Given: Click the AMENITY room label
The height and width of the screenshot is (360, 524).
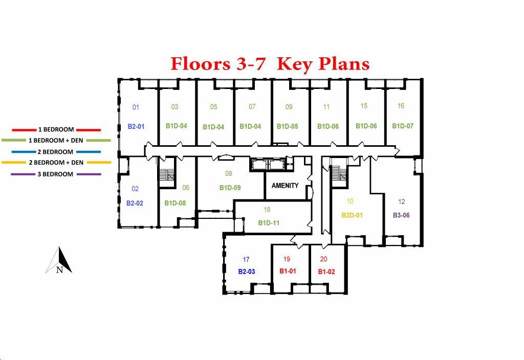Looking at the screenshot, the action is tap(285, 186).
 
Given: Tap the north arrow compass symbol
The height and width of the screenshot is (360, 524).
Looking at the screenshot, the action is tap(59, 260).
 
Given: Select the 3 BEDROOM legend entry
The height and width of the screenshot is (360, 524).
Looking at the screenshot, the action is tap(55, 174).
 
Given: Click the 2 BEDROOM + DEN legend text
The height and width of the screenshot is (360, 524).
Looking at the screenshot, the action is tap(56, 163).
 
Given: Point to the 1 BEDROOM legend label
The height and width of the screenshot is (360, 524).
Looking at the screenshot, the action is tap(56, 129).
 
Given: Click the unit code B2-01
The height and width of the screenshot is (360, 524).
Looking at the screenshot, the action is tap(136, 127).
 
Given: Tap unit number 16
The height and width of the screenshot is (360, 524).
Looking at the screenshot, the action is tap(401, 106).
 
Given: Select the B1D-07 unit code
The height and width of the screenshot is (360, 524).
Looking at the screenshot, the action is tap(403, 126).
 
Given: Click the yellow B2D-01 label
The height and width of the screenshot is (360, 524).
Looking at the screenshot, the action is tap(352, 215).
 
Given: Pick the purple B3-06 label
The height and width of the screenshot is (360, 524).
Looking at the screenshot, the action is tap(401, 215).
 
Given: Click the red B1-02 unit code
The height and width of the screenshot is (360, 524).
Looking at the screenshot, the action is tap(326, 272).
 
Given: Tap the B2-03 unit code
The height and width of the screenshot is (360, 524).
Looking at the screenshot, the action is tap(246, 272).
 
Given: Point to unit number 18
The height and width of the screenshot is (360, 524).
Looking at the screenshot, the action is tap(267, 210).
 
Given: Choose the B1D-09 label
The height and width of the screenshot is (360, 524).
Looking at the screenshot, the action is tap(230, 188).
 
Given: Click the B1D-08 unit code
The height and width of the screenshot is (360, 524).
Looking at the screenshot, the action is tap(175, 203).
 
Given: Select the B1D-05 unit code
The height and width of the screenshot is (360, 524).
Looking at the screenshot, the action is tap(287, 127).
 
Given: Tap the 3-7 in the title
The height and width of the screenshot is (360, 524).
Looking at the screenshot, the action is tap(251, 63).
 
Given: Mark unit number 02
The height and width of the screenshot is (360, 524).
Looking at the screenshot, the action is tap(135, 189).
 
